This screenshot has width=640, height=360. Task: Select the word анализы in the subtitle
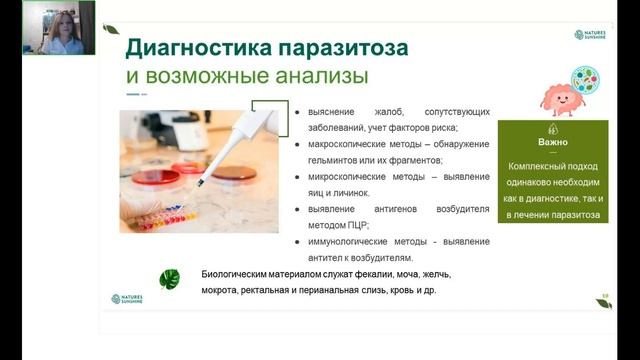coord(324,76)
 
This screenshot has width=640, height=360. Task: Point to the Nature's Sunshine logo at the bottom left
coord(128,299)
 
